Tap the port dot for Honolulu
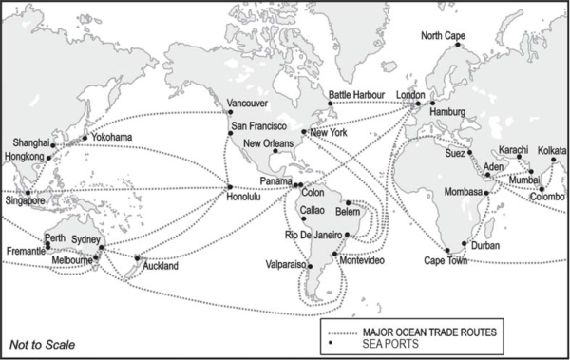click(229, 184)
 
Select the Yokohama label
click(112, 139)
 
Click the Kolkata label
click(552, 150)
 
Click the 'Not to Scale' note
click(42, 344)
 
